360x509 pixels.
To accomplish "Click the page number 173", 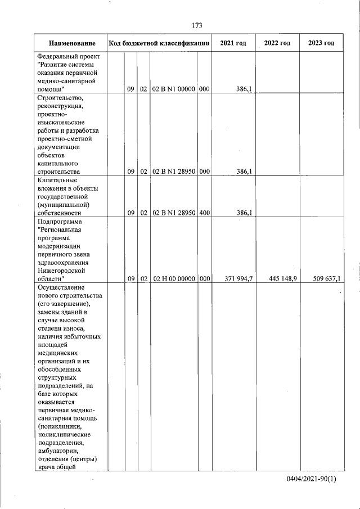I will click(197, 26).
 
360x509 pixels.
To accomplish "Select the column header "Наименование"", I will click(71, 44).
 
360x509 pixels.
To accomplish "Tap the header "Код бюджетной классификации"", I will click(160, 44).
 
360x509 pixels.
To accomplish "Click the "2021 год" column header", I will click(233, 44).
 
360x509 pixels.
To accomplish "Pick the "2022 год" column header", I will click(277, 44).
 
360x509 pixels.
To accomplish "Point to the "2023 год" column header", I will click(321, 44).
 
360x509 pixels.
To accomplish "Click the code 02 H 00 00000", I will click(174, 279).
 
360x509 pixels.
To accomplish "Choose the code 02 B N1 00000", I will click(174, 89).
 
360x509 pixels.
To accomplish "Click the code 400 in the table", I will click(204, 213).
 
